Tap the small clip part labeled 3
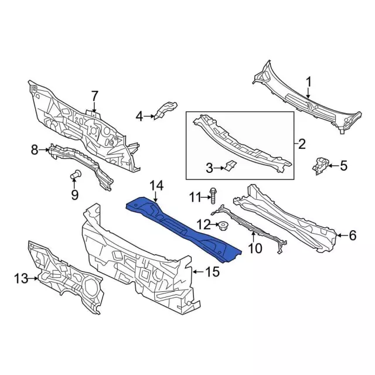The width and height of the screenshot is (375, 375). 230,166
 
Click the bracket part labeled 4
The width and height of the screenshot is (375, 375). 165,110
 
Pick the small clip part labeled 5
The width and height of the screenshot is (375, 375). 320,165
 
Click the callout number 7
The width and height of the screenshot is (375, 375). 94,96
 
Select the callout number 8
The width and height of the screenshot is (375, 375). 35,151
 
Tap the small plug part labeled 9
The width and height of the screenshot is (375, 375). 75,174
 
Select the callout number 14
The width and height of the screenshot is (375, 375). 155,186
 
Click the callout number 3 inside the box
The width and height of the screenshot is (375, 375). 209,169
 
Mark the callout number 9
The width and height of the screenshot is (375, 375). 74,194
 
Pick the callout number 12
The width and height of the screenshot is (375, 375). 203,224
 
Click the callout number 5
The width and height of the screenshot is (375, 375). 343,166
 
